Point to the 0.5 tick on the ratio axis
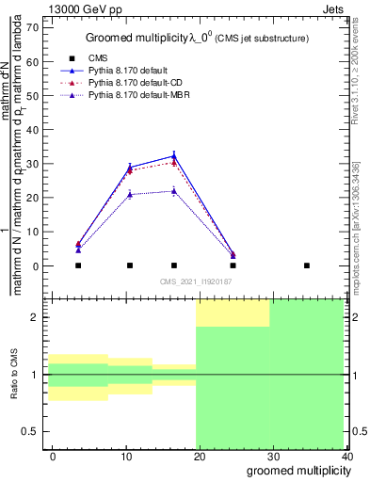tap(30, 431)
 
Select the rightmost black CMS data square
tap(307, 265)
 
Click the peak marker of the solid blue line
tap(174, 155)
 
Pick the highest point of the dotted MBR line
tap(174, 191)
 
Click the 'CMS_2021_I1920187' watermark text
tap(194, 281)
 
